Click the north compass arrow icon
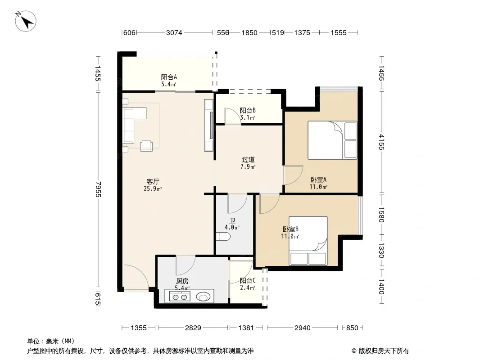click(26, 21)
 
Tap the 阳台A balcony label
click(169, 77)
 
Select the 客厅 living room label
click(153, 182)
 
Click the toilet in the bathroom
click(223, 237)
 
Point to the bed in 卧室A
click(332, 140)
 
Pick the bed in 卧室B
click(308, 241)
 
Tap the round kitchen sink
click(203, 297)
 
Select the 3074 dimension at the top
click(174, 33)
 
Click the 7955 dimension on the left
click(98, 189)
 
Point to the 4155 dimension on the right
click(381, 142)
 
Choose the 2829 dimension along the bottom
click(193, 328)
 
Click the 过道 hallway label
click(248, 160)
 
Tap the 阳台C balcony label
click(248, 280)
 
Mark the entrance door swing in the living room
click(136, 278)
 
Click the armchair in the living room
click(146, 146)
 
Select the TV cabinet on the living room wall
click(209, 126)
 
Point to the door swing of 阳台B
click(232, 116)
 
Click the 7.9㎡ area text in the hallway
click(248, 166)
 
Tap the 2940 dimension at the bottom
click(303, 328)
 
